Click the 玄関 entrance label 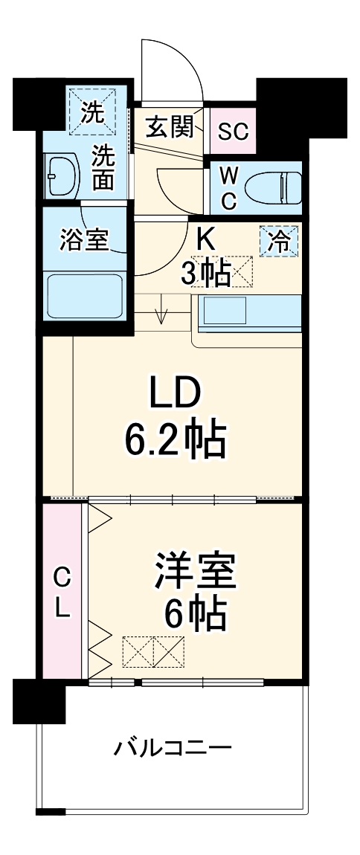169,128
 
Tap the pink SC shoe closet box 232,131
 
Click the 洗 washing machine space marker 93,112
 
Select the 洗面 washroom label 103,168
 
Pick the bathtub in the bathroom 84,295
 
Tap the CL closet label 62,591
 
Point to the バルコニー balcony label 173,746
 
